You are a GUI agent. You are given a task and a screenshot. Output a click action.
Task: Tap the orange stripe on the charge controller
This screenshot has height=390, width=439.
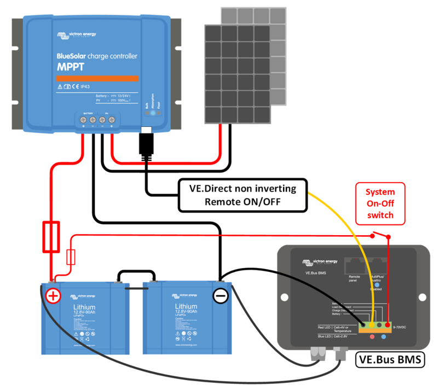[x=96, y=78]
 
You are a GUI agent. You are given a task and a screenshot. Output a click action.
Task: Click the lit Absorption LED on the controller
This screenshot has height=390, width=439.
[x=154, y=113]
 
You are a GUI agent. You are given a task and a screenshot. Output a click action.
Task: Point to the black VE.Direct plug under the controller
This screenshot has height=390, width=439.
[x=147, y=143]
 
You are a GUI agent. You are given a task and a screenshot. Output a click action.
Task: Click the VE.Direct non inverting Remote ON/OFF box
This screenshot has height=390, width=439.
[x=242, y=195]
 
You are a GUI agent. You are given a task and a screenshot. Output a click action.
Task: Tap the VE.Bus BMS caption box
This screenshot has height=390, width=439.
[x=390, y=360]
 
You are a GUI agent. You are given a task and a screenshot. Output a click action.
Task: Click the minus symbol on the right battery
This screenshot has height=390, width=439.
[x=221, y=296]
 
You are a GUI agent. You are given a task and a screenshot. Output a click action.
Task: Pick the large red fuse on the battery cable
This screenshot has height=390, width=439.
[x=51, y=236]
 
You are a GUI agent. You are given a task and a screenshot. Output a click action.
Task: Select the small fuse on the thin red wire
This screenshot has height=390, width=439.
[x=70, y=257]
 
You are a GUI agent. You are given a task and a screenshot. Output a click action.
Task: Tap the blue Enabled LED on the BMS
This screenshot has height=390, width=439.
[x=378, y=285]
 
